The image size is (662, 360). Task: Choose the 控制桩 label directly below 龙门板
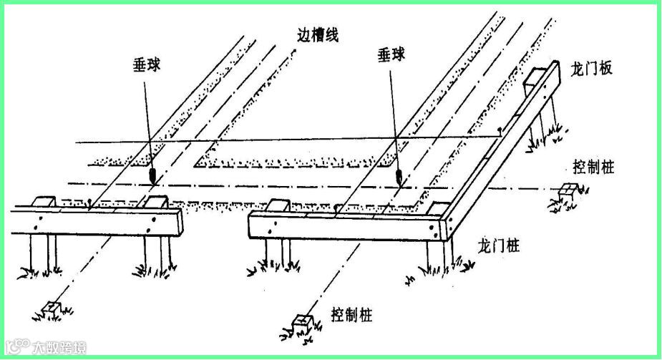tap(593, 167)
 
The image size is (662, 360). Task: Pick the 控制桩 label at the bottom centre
tap(351, 314)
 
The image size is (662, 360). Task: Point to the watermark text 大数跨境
tap(60, 349)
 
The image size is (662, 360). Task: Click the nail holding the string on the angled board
tap(499, 132)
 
